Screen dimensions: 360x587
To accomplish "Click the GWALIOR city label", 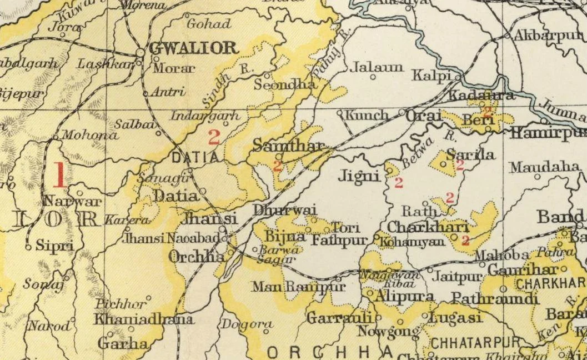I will click(x=193, y=48).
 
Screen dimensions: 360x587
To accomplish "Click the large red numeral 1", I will click(x=59, y=176).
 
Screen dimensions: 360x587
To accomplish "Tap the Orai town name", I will click(x=424, y=116).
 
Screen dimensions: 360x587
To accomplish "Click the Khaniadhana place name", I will click(x=144, y=319).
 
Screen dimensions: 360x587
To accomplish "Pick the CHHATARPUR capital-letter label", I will click(x=475, y=341).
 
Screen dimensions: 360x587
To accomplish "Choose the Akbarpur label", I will click(x=546, y=36).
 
